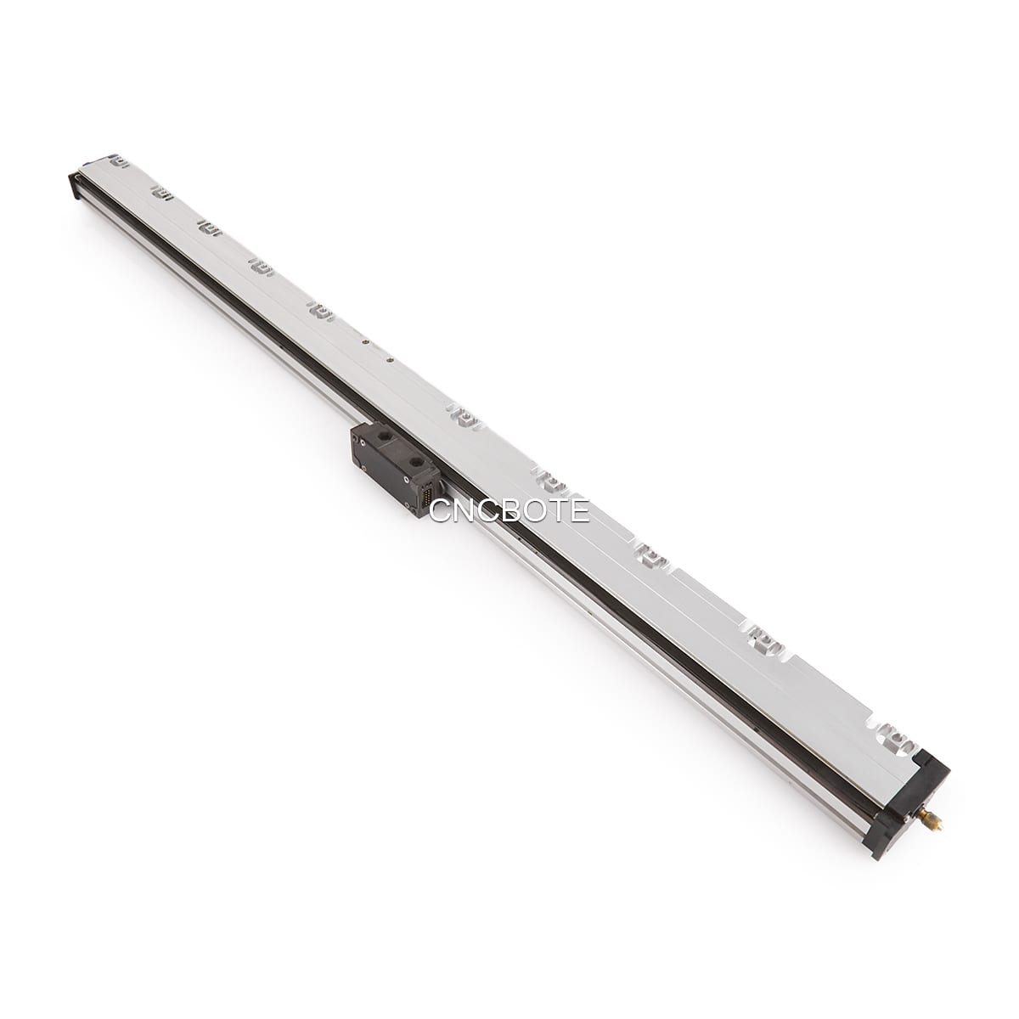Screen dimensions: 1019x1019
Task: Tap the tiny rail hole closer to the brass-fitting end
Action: (x=390, y=360)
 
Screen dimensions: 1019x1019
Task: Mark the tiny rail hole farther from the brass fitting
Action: (x=365, y=342)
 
